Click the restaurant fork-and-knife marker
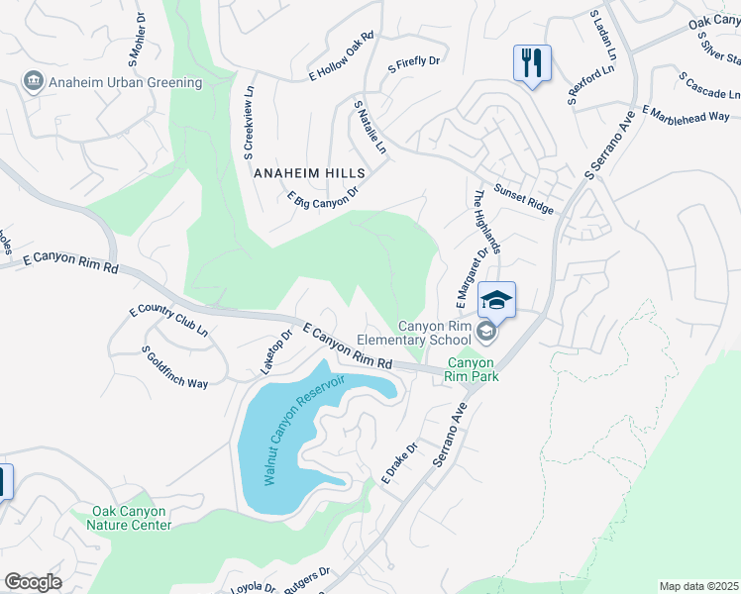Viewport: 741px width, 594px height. (x=533, y=63)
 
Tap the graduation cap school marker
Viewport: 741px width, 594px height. (x=496, y=299)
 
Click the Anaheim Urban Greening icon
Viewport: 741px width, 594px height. (x=32, y=80)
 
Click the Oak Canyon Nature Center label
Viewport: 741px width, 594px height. (x=132, y=518)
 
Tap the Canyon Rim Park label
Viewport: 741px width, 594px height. (x=472, y=369)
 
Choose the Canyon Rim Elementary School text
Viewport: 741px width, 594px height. (x=435, y=333)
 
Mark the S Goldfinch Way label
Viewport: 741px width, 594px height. (x=175, y=366)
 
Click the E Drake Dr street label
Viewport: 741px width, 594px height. (x=401, y=462)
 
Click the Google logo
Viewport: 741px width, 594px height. (x=33, y=582)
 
